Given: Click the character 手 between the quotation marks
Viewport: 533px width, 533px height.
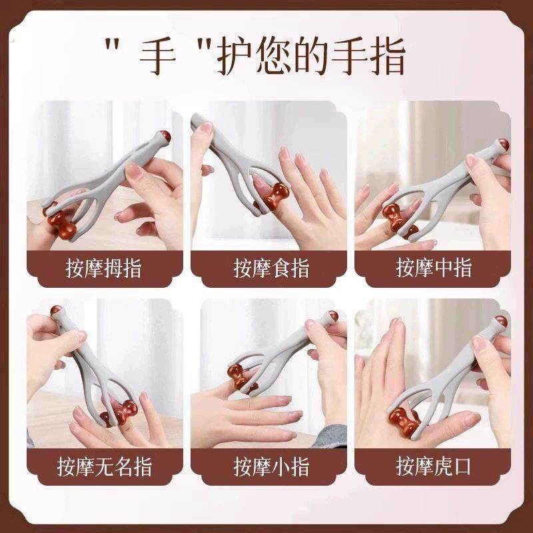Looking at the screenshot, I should point(158,59).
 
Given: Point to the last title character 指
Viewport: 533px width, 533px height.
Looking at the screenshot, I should point(386,59).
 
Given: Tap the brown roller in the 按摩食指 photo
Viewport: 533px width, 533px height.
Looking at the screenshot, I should point(272,198).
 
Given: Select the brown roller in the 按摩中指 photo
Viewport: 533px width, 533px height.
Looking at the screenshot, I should point(398,220).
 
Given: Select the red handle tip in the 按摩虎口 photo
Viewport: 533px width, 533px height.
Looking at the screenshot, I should point(501,322).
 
